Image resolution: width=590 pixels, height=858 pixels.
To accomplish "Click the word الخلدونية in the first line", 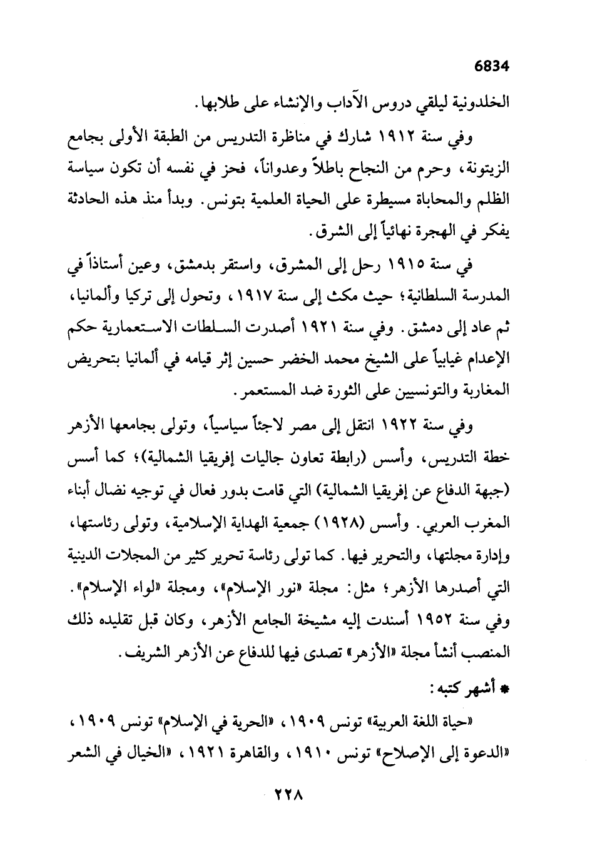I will click(x=481, y=102).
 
